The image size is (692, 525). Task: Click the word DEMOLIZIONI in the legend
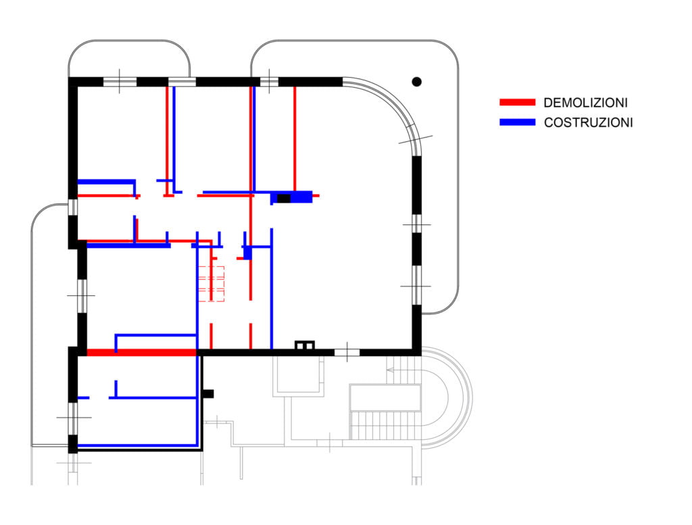585,103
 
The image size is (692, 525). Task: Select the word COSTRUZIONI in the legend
588,122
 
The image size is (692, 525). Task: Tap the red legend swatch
517,103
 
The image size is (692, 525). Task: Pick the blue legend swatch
517,122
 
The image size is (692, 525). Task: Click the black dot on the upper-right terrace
417,82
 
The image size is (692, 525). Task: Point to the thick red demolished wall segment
142,352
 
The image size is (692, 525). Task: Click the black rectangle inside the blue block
284,198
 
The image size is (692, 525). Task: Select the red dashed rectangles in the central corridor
210,283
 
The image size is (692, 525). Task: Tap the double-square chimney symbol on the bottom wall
305,346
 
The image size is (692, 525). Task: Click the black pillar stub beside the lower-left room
209,393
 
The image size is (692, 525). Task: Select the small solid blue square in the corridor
247,253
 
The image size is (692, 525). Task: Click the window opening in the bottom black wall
347,352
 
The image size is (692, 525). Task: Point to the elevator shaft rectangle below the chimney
298,375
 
